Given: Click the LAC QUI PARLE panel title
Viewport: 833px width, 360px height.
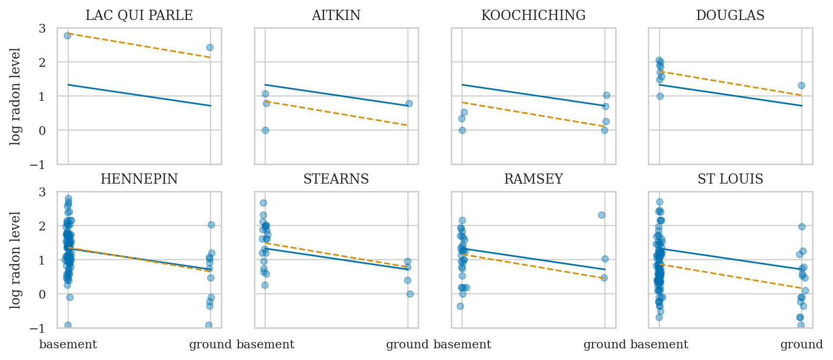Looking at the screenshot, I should (x=139, y=16).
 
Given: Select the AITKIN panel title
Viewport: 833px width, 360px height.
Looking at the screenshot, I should (x=336, y=16).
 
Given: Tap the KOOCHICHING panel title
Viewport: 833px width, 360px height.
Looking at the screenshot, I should (x=533, y=16).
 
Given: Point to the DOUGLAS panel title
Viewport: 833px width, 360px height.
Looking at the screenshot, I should (x=730, y=16).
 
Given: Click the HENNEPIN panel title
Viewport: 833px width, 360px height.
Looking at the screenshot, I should (x=139, y=179).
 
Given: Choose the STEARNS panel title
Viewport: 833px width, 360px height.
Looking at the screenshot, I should (x=336, y=179).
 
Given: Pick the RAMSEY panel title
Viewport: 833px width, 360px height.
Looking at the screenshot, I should (x=533, y=179).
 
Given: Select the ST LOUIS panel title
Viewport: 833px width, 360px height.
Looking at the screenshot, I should (x=730, y=179).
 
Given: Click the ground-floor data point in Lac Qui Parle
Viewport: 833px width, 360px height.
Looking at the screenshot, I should (x=210, y=47).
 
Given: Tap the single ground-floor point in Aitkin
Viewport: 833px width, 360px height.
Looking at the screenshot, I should (x=409, y=103).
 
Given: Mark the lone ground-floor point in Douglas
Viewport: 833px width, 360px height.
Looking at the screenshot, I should (x=801, y=85).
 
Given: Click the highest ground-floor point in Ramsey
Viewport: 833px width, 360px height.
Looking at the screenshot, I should (x=601, y=215).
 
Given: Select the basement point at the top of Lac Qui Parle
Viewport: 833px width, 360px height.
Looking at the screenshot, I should (x=67, y=36).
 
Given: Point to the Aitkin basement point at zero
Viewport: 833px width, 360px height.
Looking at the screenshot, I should (x=265, y=130).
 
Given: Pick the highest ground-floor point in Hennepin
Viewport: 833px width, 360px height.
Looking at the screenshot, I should (x=211, y=225).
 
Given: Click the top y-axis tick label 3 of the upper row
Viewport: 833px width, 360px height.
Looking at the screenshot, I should (x=42, y=29).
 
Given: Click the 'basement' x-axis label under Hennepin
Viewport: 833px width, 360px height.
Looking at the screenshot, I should (x=68, y=345).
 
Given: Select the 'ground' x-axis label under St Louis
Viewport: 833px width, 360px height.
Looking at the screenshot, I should (x=801, y=345).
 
